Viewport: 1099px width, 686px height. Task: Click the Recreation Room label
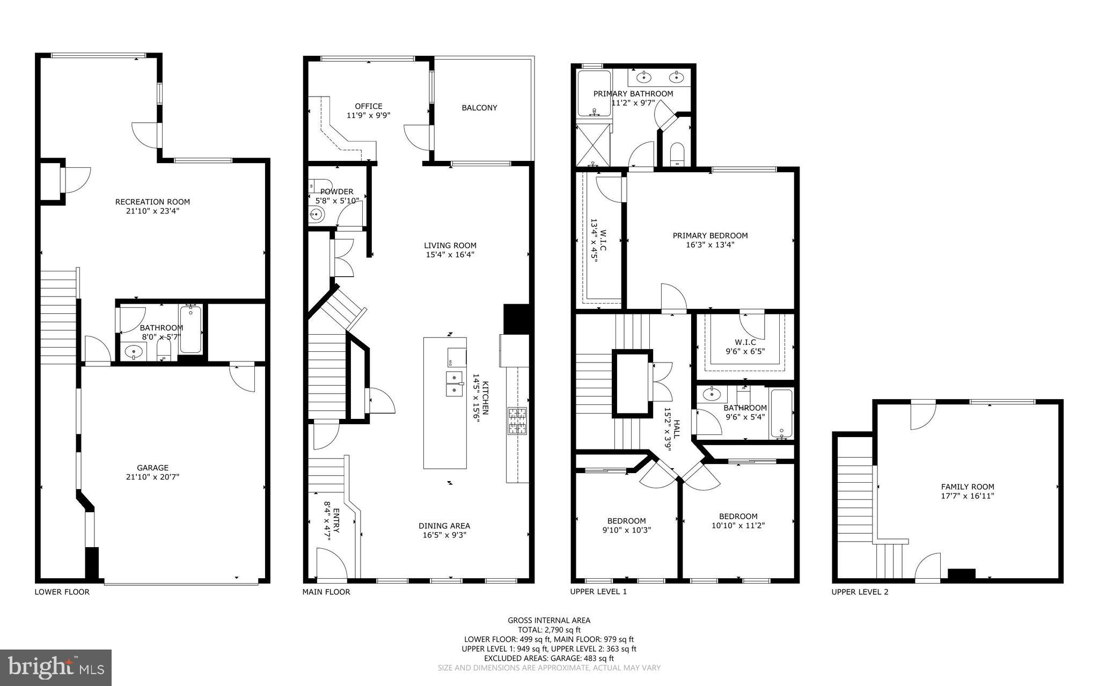152,202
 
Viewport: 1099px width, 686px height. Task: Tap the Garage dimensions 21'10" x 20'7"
152,477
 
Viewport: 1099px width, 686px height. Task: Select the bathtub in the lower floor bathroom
191,329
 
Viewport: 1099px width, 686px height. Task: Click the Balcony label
479,108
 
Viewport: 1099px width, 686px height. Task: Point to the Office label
369,106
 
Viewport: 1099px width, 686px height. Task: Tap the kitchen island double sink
455,383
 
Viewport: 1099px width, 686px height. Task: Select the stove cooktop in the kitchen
518,421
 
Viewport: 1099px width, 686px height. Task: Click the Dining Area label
444,526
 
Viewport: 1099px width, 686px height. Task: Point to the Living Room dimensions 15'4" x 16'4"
450,255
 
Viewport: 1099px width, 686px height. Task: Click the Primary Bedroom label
710,235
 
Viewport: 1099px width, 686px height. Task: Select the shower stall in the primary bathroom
593,145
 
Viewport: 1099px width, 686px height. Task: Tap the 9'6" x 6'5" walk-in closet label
745,352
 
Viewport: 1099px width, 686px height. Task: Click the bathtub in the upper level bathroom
781,414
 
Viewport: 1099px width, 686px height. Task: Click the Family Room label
967,487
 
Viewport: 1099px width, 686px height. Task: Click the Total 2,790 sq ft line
548,630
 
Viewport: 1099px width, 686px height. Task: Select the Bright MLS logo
56,667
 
